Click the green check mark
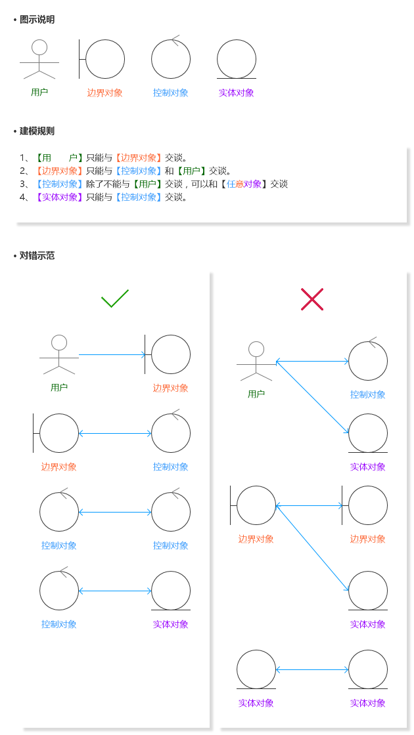coord(115,299)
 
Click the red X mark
coord(312,299)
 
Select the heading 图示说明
coord(37,20)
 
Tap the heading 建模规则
coord(37,131)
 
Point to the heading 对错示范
coord(37,256)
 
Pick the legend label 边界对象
coord(105,93)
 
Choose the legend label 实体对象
coord(237,93)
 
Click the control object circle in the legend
coord(171,59)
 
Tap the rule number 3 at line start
coord(24,184)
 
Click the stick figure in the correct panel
coord(59,354)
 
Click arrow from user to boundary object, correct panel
coord(112,354)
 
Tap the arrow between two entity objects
coord(312,669)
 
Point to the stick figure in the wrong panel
coord(256,361)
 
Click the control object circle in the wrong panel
coord(368,361)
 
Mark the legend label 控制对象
coord(171,93)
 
